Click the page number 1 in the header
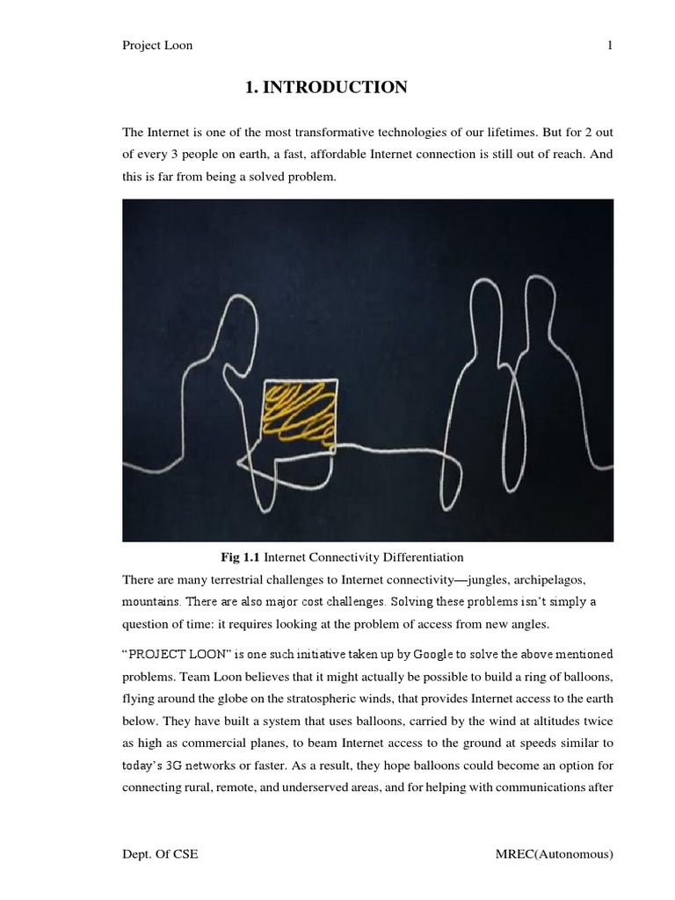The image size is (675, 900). point(609,47)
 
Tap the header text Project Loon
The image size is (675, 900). point(157,47)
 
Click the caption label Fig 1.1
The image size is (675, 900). point(240,557)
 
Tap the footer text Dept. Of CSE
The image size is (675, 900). point(161,855)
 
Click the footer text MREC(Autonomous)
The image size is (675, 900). point(554,855)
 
